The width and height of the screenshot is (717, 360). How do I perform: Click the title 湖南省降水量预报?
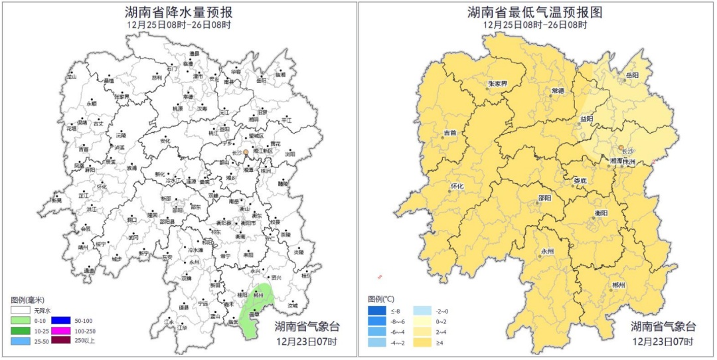[179, 12]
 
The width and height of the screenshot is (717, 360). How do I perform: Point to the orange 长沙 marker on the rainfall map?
[246, 153]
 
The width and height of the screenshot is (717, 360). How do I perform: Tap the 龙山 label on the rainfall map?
[72, 77]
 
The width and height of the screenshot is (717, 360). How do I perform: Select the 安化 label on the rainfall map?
[165, 141]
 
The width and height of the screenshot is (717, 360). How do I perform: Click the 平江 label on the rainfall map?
[286, 120]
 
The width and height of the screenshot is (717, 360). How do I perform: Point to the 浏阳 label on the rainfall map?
[290, 154]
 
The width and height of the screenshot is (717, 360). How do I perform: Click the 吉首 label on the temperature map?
[449, 133]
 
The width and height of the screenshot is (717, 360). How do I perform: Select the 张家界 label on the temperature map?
[497, 84]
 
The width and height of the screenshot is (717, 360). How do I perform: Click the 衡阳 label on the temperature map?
[601, 213]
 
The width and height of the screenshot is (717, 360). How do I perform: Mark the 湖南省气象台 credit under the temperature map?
[663, 326]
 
